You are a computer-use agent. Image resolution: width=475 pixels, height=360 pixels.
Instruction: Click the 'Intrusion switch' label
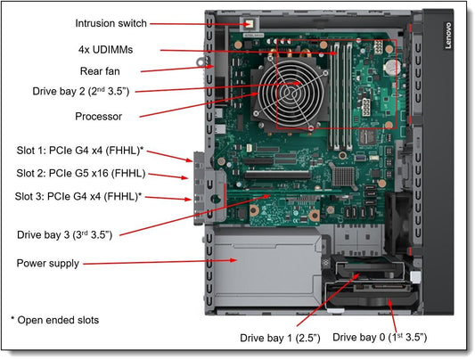[111, 23]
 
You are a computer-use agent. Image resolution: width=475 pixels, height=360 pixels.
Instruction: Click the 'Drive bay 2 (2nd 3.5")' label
[76, 92]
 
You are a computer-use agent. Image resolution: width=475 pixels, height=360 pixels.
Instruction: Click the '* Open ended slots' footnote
[54, 319]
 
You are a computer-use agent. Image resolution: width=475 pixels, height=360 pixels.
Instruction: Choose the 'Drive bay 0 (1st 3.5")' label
[380, 338]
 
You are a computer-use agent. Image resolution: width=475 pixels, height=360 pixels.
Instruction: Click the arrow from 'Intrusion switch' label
[197, 23]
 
